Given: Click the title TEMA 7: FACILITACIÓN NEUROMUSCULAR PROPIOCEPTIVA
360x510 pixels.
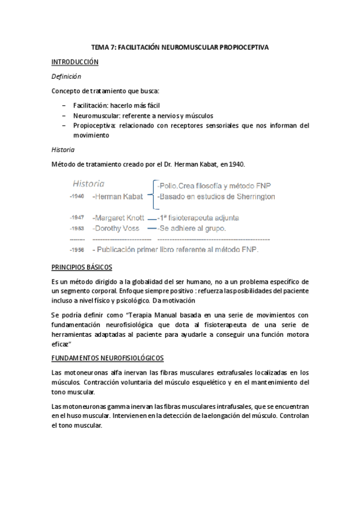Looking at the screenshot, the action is tap(180, 46).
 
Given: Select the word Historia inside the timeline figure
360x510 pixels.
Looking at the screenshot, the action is tap(89, 183).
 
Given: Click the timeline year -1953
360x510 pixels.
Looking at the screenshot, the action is tap(76, 229).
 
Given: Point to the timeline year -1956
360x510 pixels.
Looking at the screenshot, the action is tap(76, 250).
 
